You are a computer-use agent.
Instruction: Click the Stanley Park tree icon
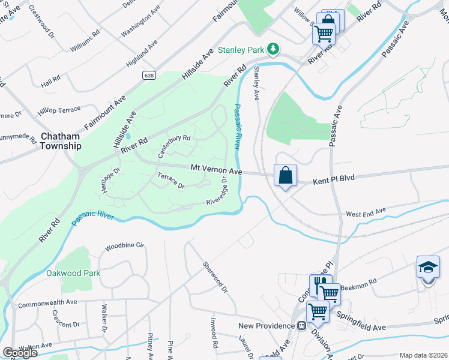tap(273, 48)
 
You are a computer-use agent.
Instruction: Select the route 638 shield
tap(148, 75)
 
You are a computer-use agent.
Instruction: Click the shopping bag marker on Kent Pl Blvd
tap(286, 176)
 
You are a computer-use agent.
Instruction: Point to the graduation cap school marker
tap(428, 267)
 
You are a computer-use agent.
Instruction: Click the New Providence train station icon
tap(301, 326)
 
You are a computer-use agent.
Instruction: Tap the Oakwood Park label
tap(73, 273)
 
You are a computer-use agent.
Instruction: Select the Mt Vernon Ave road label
tap(216, 171)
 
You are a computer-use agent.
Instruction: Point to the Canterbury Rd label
tap(173, 146)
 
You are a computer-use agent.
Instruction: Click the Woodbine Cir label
tap(125, 246)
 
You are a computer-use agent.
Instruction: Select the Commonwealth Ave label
tap(48, 304)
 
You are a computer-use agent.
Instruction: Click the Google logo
tap(20, 353)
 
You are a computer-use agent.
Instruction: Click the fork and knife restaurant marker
tap(320, 284)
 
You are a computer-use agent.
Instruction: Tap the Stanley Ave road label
tap(256, 83)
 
